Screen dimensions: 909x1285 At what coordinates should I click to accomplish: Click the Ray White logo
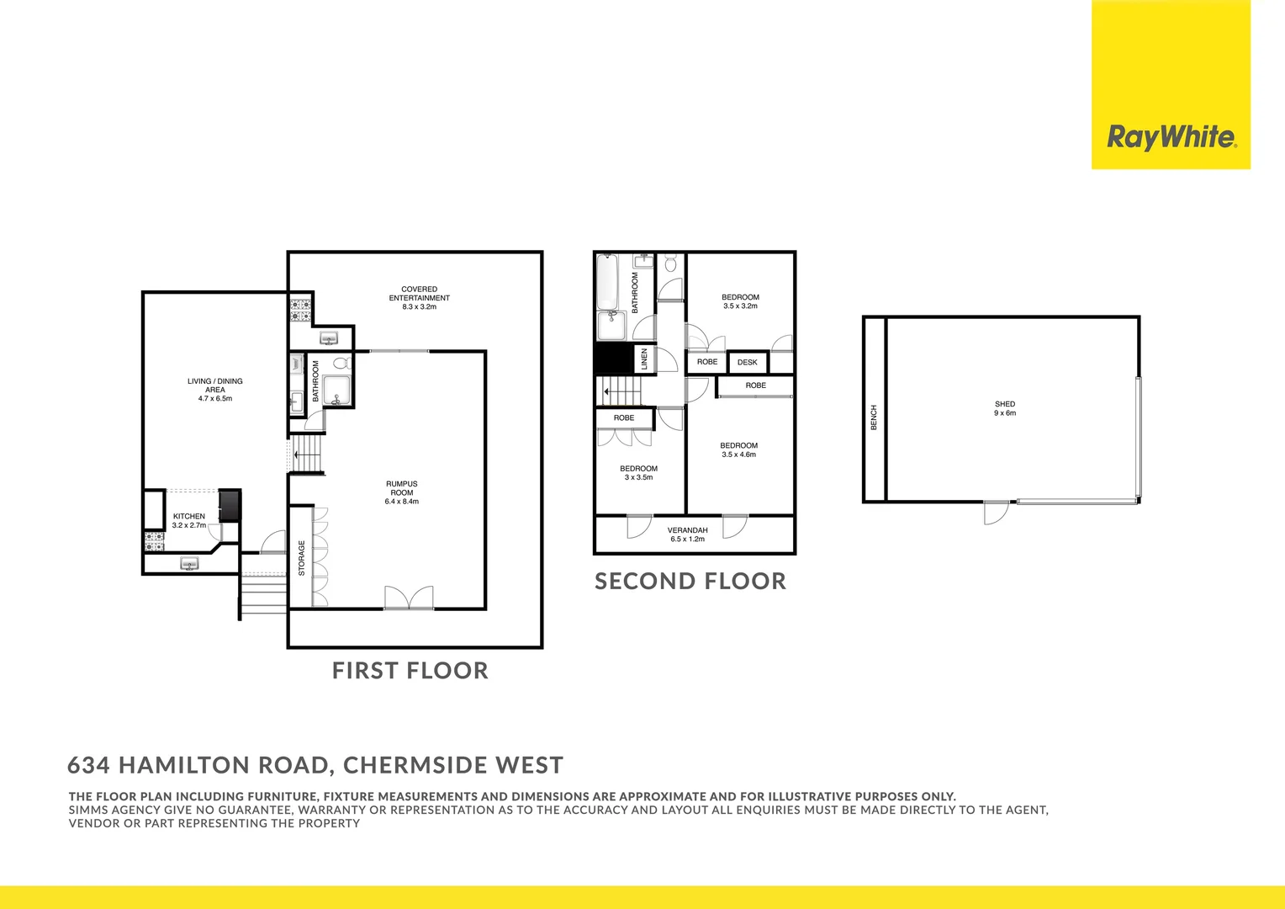(1171, 137)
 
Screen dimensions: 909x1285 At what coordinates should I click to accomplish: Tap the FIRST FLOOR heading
(410, 671)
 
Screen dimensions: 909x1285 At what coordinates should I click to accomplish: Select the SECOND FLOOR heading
(690, 582)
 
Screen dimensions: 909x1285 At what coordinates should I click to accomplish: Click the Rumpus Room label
(402, 492)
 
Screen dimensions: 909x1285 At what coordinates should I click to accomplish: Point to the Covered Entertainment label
(419, 298)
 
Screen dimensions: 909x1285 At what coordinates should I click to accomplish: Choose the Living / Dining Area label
(215, 390)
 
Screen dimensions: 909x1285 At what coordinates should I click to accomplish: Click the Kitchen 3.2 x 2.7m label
(189, 520)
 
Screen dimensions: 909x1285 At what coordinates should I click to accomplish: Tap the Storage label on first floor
(302, 558)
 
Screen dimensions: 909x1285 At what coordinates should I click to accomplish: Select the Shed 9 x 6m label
(1005, 408)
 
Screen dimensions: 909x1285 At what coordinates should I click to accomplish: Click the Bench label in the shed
(874, 417)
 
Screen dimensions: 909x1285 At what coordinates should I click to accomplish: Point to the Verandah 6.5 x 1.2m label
(687, 534)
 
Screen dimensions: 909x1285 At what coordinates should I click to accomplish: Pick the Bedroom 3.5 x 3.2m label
(740, 301)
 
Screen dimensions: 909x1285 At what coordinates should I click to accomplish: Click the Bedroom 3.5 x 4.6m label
(738, 449)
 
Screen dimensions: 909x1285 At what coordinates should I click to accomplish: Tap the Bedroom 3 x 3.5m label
(638, 473)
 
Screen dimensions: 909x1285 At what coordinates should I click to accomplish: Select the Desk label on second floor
(747, 363)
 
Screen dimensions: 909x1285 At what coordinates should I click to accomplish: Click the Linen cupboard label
(644, 359)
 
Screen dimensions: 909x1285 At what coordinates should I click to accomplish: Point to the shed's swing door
(996, 513)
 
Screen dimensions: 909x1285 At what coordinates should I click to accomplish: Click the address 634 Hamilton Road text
(315, 765)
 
